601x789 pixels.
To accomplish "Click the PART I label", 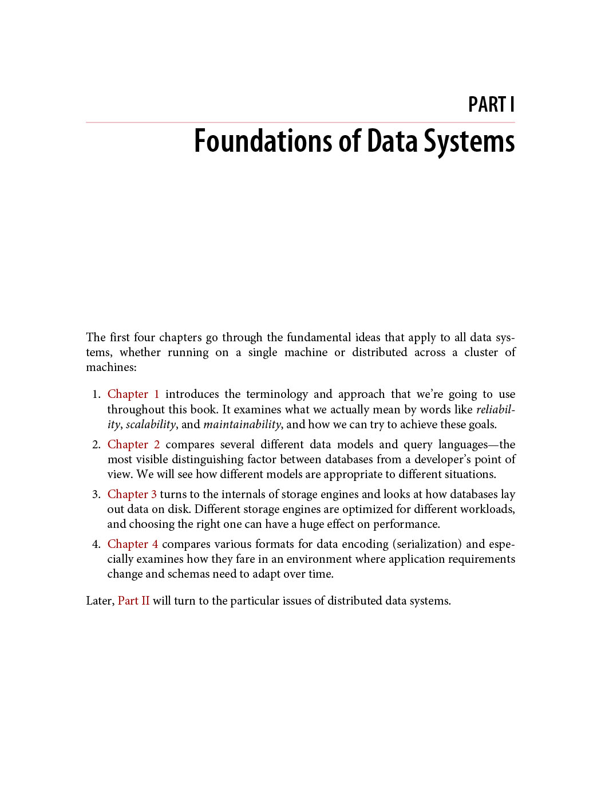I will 491,105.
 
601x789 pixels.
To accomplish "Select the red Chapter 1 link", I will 133,394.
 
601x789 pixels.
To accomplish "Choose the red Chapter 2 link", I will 133,444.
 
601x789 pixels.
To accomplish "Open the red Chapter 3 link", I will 132,494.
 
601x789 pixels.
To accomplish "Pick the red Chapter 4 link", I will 132,544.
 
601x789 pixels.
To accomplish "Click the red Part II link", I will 133,601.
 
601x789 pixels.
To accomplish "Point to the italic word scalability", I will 151,424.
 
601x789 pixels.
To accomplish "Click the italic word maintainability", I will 242,424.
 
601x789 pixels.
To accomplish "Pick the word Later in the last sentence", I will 99,601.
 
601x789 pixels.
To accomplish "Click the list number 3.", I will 96,494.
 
